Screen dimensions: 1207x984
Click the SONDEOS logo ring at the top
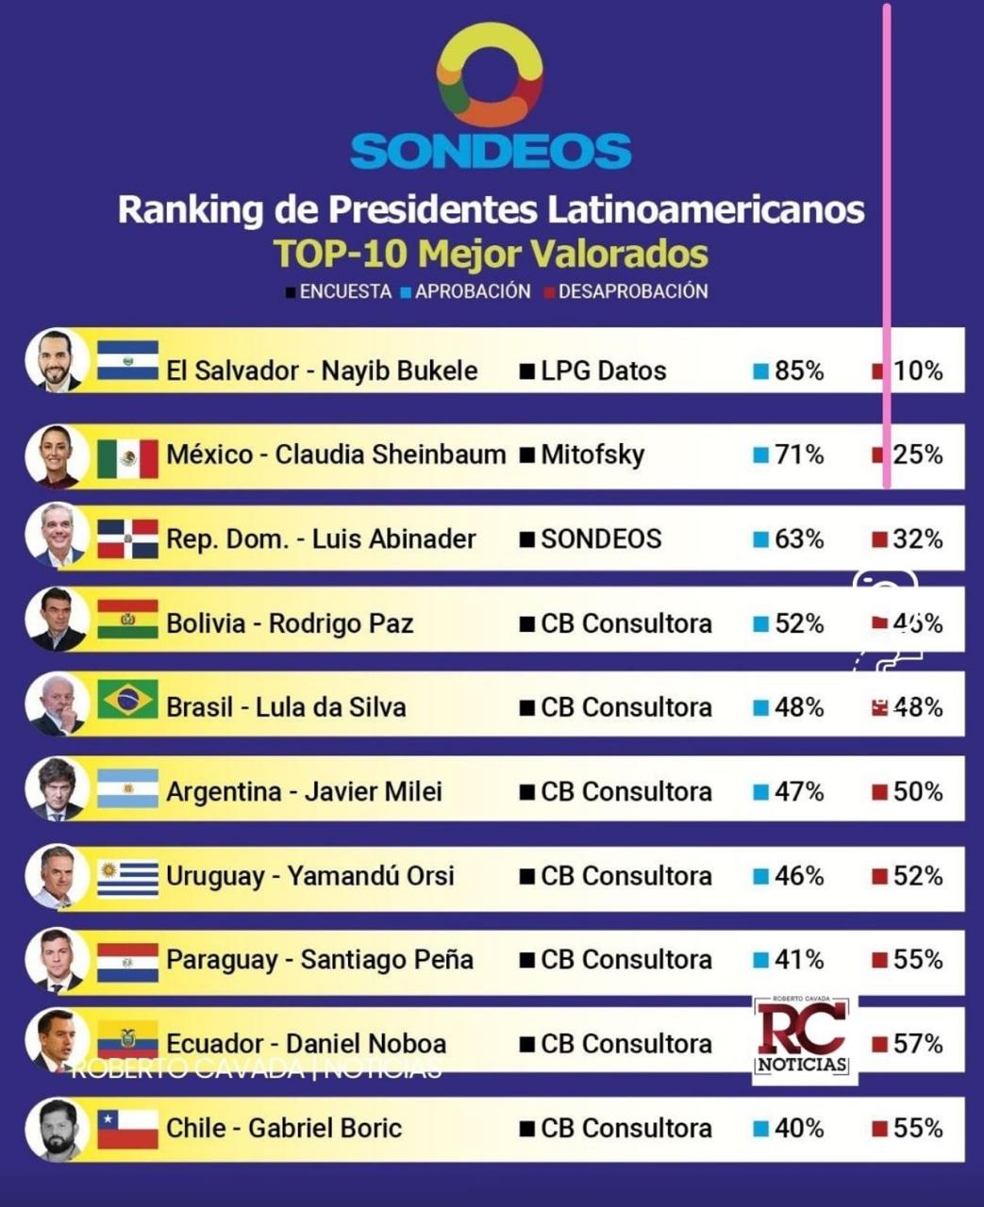pos(490,74)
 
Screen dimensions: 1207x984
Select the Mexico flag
pos(127,457)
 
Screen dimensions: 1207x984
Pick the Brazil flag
pos(127,700)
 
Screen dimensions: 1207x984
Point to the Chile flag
pos(127,1129)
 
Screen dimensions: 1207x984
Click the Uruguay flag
pos(127,878)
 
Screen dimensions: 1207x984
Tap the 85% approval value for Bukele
pos(798,371)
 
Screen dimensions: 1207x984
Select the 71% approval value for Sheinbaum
pos(798,455)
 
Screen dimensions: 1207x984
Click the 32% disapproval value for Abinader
pos(917,539)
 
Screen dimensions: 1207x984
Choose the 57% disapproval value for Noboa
pos(917,1044)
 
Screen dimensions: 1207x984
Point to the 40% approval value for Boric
pos(798,1128)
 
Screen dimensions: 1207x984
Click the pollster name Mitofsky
pos(592,455)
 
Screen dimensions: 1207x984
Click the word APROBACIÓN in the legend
pos(473,291)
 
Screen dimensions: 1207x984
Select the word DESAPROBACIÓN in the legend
pos(633,291)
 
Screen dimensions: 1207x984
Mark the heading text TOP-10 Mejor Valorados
pos(491,254)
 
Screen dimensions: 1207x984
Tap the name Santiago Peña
pos(387,960)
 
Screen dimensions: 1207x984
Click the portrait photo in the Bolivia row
pos(58,620)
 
